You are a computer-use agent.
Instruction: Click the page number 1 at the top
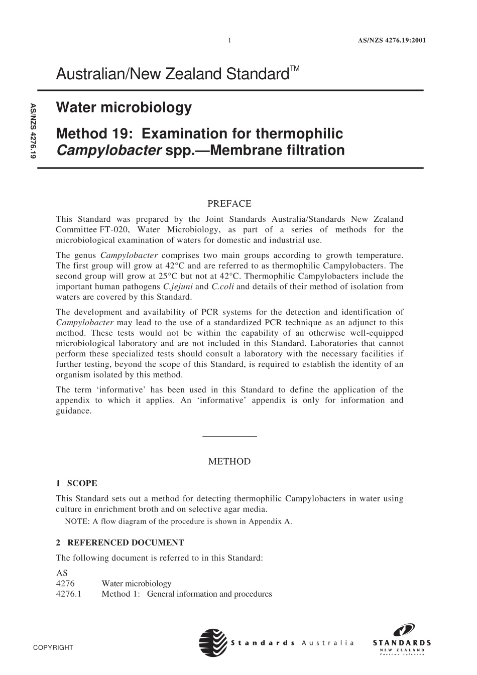tap(229, 41)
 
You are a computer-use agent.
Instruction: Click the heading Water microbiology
tap(124, 107)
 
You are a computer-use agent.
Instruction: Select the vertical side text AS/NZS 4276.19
tap(33, 131)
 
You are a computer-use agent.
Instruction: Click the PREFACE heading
tap(229, 204)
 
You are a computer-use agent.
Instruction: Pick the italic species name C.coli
tap(222, 287)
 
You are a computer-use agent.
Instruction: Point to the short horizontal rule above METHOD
tap(229, 436)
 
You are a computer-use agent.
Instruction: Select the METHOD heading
tap(229, 462)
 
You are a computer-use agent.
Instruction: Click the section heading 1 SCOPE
tap(76, 483)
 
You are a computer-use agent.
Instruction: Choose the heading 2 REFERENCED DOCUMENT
tap(120, 543)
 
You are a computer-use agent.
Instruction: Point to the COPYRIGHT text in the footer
tap(53, 647)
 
